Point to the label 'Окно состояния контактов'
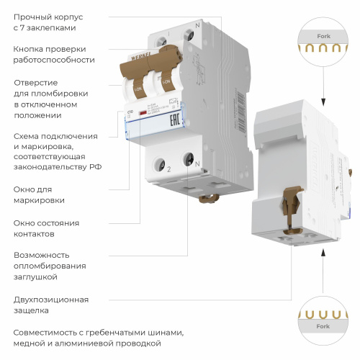pos(46,228)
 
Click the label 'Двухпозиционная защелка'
pos(51,305)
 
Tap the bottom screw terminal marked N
pos(189,157)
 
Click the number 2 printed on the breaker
pos(168,169)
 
